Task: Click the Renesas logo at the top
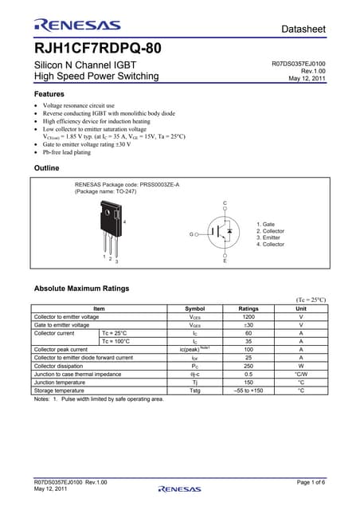coord(77,25)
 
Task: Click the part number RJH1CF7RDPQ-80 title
coord(98,48)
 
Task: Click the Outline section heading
coord(49,168)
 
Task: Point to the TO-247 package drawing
coord(111,227)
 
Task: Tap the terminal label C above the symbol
coord(225,204)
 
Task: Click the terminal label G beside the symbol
coord(191,234)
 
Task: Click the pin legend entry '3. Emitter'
coord(271,237)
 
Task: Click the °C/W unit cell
coord(300,374)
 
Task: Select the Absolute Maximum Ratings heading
coord(82,288)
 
